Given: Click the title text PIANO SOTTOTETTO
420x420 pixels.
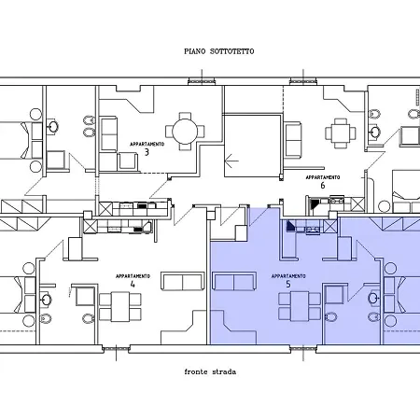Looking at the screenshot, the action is point(219,51).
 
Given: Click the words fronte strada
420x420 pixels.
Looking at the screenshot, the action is point(210,371).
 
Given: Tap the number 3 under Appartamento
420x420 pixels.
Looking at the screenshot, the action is point(147,152).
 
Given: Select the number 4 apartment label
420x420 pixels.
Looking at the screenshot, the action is point(133,284).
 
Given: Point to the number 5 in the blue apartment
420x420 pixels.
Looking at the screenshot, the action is point(288,284).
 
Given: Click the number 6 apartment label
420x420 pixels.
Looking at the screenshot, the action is point(323,186).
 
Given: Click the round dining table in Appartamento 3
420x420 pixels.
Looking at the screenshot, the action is point(185,132).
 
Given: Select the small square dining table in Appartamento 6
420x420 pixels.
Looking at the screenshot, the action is point(341,133).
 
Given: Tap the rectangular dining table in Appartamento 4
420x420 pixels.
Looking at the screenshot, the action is point(120,306).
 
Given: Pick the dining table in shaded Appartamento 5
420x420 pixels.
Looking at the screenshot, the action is point(300,306).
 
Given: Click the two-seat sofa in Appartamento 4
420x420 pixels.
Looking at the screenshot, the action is point(183,281).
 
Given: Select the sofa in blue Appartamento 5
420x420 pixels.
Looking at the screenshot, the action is point(234,281).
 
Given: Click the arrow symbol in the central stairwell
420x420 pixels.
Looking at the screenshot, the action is point(231,161).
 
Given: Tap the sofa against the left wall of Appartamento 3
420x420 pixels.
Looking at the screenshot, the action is point(108,134).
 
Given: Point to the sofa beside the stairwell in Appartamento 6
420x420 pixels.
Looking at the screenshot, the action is point(293,139).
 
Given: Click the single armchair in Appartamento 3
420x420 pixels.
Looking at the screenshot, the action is point(128,161).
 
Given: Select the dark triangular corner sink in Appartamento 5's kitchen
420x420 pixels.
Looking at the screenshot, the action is point(291,226).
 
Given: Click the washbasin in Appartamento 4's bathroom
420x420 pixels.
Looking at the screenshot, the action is point(47,300).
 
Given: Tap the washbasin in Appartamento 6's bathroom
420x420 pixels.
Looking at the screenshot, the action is point(375,132).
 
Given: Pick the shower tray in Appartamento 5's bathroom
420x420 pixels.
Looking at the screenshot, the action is point(334,295).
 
